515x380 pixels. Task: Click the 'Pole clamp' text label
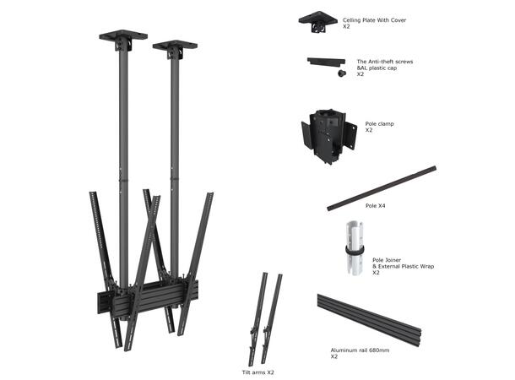pos(379,124)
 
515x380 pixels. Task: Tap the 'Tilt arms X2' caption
pos(257,372)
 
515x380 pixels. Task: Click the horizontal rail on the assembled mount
pos(144,300)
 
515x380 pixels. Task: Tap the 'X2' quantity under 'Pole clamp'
pos(369,131)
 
